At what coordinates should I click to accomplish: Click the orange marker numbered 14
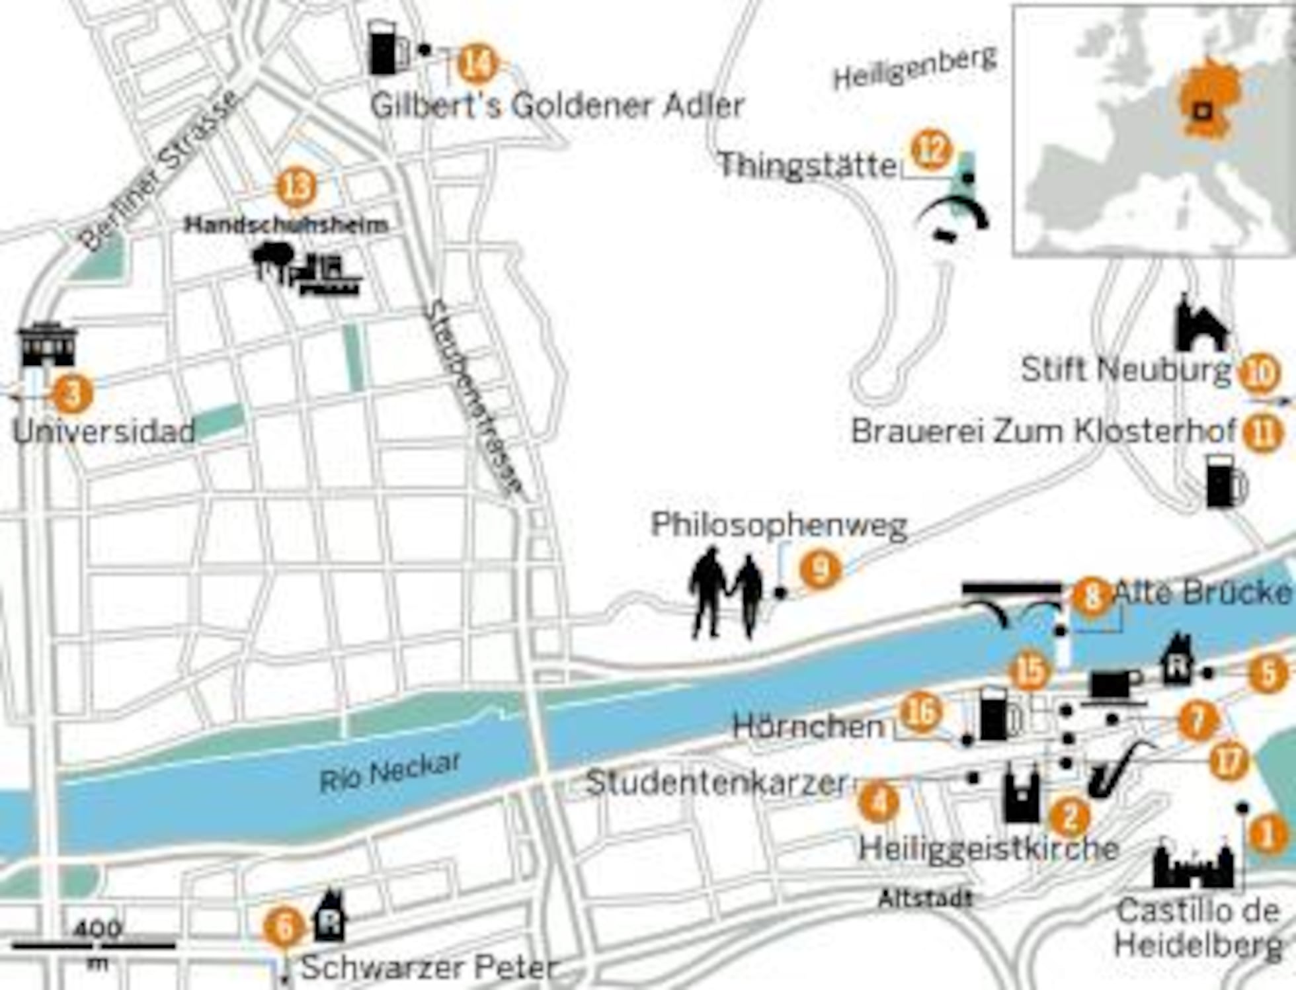point(477,64)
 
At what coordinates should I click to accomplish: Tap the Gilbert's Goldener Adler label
point(557,106)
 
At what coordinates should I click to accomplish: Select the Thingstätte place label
point(807,165)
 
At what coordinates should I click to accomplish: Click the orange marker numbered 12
point(931,151)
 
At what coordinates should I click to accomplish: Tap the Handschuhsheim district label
point(286,225)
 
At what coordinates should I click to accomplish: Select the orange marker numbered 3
point(73,394)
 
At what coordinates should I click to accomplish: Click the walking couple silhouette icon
point(726,594)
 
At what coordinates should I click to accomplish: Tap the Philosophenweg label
point(779,526)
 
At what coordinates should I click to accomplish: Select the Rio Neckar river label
point(390,772)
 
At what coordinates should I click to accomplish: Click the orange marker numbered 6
point(284,928)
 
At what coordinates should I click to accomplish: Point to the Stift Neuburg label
point(1125,370)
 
